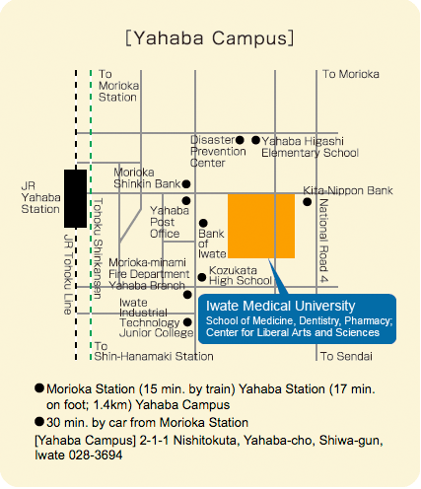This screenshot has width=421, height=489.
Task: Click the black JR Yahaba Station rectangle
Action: (75, 198)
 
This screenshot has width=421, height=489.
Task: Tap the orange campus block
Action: (261, 226)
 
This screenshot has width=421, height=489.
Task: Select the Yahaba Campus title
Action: (210, 38)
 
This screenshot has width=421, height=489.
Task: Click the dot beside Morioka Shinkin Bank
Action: (186, 184)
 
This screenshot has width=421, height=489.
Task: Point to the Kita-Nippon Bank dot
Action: (308, 202)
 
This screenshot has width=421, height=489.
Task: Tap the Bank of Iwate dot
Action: (203, 224)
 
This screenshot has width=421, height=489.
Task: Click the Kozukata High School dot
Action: (202, 277)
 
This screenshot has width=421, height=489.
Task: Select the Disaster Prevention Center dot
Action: (240, 140)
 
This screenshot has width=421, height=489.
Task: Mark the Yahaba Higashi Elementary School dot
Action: (256, 140)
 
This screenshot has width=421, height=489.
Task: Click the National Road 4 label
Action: (323, 241)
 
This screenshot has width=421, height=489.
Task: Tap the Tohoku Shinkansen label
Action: (98, 248)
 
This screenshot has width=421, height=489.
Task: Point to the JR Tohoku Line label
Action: (68, 274)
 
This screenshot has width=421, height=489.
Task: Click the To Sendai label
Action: (346, 356)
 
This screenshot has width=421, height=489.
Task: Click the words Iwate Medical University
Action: (280, 306)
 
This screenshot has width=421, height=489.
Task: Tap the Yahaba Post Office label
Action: (170, 222)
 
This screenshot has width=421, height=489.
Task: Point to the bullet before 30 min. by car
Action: (39, 422)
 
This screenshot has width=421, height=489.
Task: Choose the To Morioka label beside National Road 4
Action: (351, 74)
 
